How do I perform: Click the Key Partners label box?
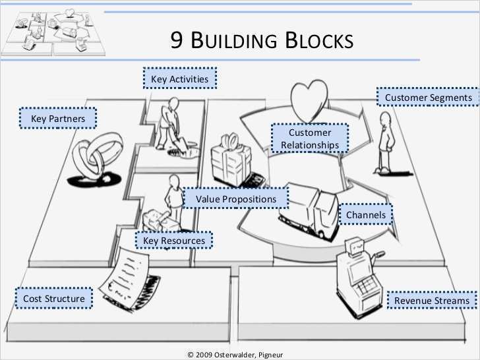58,119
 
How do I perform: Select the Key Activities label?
179,79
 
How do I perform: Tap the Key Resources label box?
174,241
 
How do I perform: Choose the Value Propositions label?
235,198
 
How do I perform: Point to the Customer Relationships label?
310,138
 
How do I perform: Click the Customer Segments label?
429,98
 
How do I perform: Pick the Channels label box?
366,214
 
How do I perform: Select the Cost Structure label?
53,299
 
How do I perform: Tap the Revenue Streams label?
432,301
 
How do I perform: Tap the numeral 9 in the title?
177,41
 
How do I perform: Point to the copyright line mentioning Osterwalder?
235,354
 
